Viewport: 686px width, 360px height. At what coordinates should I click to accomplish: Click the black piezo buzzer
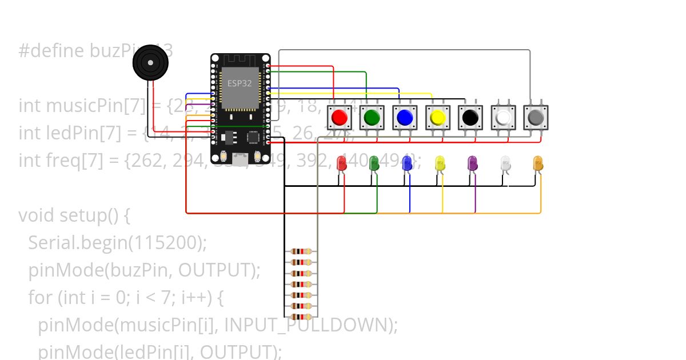point(151,62)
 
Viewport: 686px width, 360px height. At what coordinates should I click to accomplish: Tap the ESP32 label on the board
point(239,83)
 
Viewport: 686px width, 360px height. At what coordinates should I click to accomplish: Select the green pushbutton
point(372,118)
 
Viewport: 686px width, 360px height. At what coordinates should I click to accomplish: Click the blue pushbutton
point(405,118)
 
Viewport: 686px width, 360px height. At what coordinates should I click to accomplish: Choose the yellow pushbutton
point(438,118)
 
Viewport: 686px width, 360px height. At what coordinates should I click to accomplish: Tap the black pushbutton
point(470,118)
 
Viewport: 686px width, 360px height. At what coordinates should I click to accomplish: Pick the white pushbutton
point(503,118)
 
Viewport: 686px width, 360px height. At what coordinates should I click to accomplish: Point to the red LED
point(342,163)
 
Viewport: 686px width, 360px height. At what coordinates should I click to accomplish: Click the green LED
point(374,163)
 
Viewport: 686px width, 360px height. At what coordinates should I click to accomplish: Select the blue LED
point(407,163)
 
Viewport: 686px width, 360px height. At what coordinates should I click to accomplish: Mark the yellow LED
point(440,163)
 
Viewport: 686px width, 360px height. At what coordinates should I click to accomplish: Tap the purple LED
point(472,163)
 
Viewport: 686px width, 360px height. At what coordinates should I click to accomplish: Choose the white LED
point(505,163)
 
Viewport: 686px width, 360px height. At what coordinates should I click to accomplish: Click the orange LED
point(537,163)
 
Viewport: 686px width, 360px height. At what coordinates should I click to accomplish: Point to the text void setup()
point(75,216)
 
